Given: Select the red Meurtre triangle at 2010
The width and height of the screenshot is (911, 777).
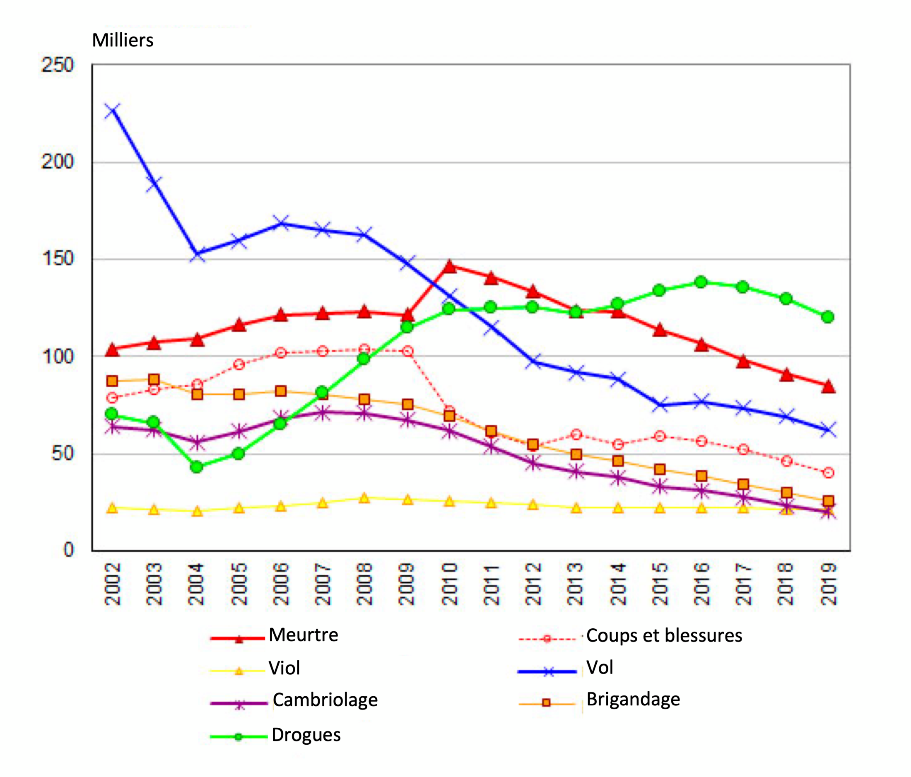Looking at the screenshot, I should [449, 266].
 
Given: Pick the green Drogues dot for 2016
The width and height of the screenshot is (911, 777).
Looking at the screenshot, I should [701, 282].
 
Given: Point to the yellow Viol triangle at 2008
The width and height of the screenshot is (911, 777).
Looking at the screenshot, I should [364, 498].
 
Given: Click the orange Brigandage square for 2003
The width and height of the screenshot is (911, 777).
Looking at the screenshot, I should [154, 379].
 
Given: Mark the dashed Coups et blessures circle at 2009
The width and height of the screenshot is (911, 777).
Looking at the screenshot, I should [407, 351].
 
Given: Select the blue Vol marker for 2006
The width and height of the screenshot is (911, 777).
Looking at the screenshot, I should [281, 222].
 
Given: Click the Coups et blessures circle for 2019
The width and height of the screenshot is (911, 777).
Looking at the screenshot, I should [828, 473].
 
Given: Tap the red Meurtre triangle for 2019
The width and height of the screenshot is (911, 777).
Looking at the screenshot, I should [828, 386].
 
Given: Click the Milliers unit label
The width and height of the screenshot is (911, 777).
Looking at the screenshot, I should [123, 41].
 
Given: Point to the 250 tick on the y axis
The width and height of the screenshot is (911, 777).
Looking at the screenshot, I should [58, 65].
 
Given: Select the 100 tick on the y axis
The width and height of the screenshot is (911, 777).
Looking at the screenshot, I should [58, 356].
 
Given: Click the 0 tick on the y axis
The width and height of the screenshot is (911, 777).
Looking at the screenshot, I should [68, 550].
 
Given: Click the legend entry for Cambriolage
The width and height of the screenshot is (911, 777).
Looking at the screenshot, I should [325, 700].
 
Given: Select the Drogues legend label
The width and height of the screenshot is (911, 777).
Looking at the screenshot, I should [306, 735].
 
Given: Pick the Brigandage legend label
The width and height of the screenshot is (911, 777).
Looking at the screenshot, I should [633, 699].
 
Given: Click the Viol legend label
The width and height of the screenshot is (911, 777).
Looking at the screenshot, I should [284, 668].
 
